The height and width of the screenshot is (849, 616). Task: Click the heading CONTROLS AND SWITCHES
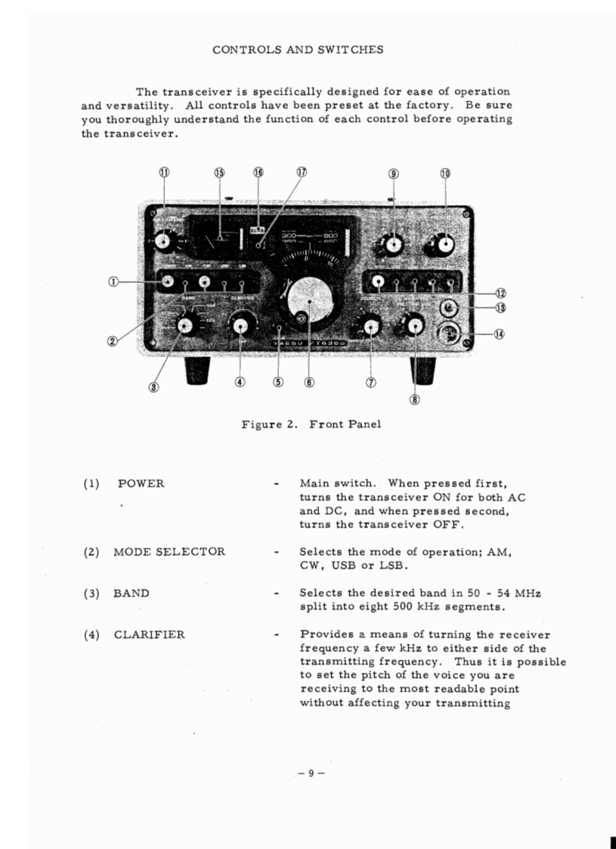298,50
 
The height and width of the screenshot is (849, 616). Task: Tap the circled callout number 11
164,173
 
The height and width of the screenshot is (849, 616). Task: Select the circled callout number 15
219,173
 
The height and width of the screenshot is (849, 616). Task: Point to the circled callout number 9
393,173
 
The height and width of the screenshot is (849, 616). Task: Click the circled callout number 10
445,173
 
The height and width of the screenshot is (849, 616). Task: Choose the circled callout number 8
414,400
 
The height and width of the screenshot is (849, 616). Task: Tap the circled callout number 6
309,382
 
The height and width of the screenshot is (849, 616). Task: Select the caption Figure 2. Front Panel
311,424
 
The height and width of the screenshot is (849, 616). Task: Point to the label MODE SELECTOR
169,552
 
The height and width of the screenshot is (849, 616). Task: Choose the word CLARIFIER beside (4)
149,635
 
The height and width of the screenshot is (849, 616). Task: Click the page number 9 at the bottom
310,773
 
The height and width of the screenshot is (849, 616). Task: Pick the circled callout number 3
153,387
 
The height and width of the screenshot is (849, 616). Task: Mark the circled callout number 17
302,173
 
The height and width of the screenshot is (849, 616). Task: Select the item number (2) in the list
91,552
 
